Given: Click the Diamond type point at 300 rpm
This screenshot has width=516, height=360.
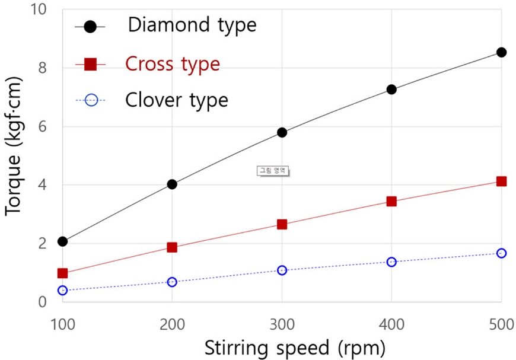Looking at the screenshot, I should [282, 132].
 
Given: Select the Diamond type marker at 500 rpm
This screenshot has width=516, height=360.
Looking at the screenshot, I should [501, 52].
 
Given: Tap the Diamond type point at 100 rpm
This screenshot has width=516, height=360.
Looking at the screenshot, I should [62, 241].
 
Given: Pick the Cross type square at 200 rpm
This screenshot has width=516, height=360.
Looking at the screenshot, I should [172, 247].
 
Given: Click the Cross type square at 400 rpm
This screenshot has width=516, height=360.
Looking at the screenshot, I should [391, 201].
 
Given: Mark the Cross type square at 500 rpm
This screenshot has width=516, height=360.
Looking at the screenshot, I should [501, 181].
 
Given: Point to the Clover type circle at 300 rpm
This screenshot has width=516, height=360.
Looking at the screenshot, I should [282, 270].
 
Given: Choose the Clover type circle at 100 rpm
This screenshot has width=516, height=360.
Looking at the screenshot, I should [62, 290].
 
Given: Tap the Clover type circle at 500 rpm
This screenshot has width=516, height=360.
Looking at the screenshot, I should [501, 253].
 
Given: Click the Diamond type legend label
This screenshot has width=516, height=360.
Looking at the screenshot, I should [192, 26].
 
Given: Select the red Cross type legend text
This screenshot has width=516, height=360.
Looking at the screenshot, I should [172, 64].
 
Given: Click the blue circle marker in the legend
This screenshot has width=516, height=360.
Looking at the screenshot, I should [90, 100].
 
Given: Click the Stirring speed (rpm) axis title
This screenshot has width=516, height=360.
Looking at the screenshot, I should [295, 348].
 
